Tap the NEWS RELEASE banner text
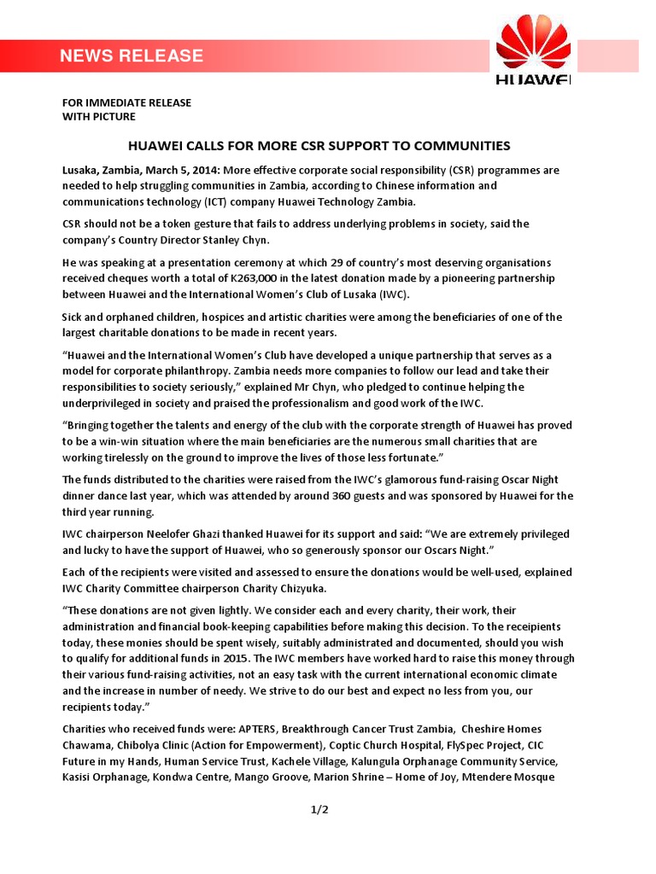[132, 56]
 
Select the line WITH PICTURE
[98, 117]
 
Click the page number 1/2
[319, 810]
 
